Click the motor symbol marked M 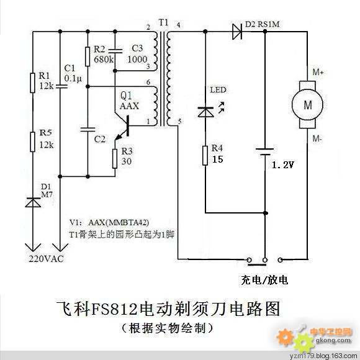point(307,104)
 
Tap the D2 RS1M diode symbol point(237,32)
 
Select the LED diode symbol point(205,112)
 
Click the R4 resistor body point(205,155)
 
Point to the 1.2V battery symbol point(265,151)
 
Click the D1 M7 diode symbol point(33,202)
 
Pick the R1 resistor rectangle point(33,83)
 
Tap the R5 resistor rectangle point(33,142)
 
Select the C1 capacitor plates point(60,86)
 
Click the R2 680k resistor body point(88,56)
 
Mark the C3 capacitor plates point(115,51)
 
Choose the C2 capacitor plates point(88,130)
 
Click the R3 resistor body point(115,159)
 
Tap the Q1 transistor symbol point(122,127)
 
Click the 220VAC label point(46,259)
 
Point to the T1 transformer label point(163,22)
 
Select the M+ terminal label point(318,72)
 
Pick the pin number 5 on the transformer point(180,122)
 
